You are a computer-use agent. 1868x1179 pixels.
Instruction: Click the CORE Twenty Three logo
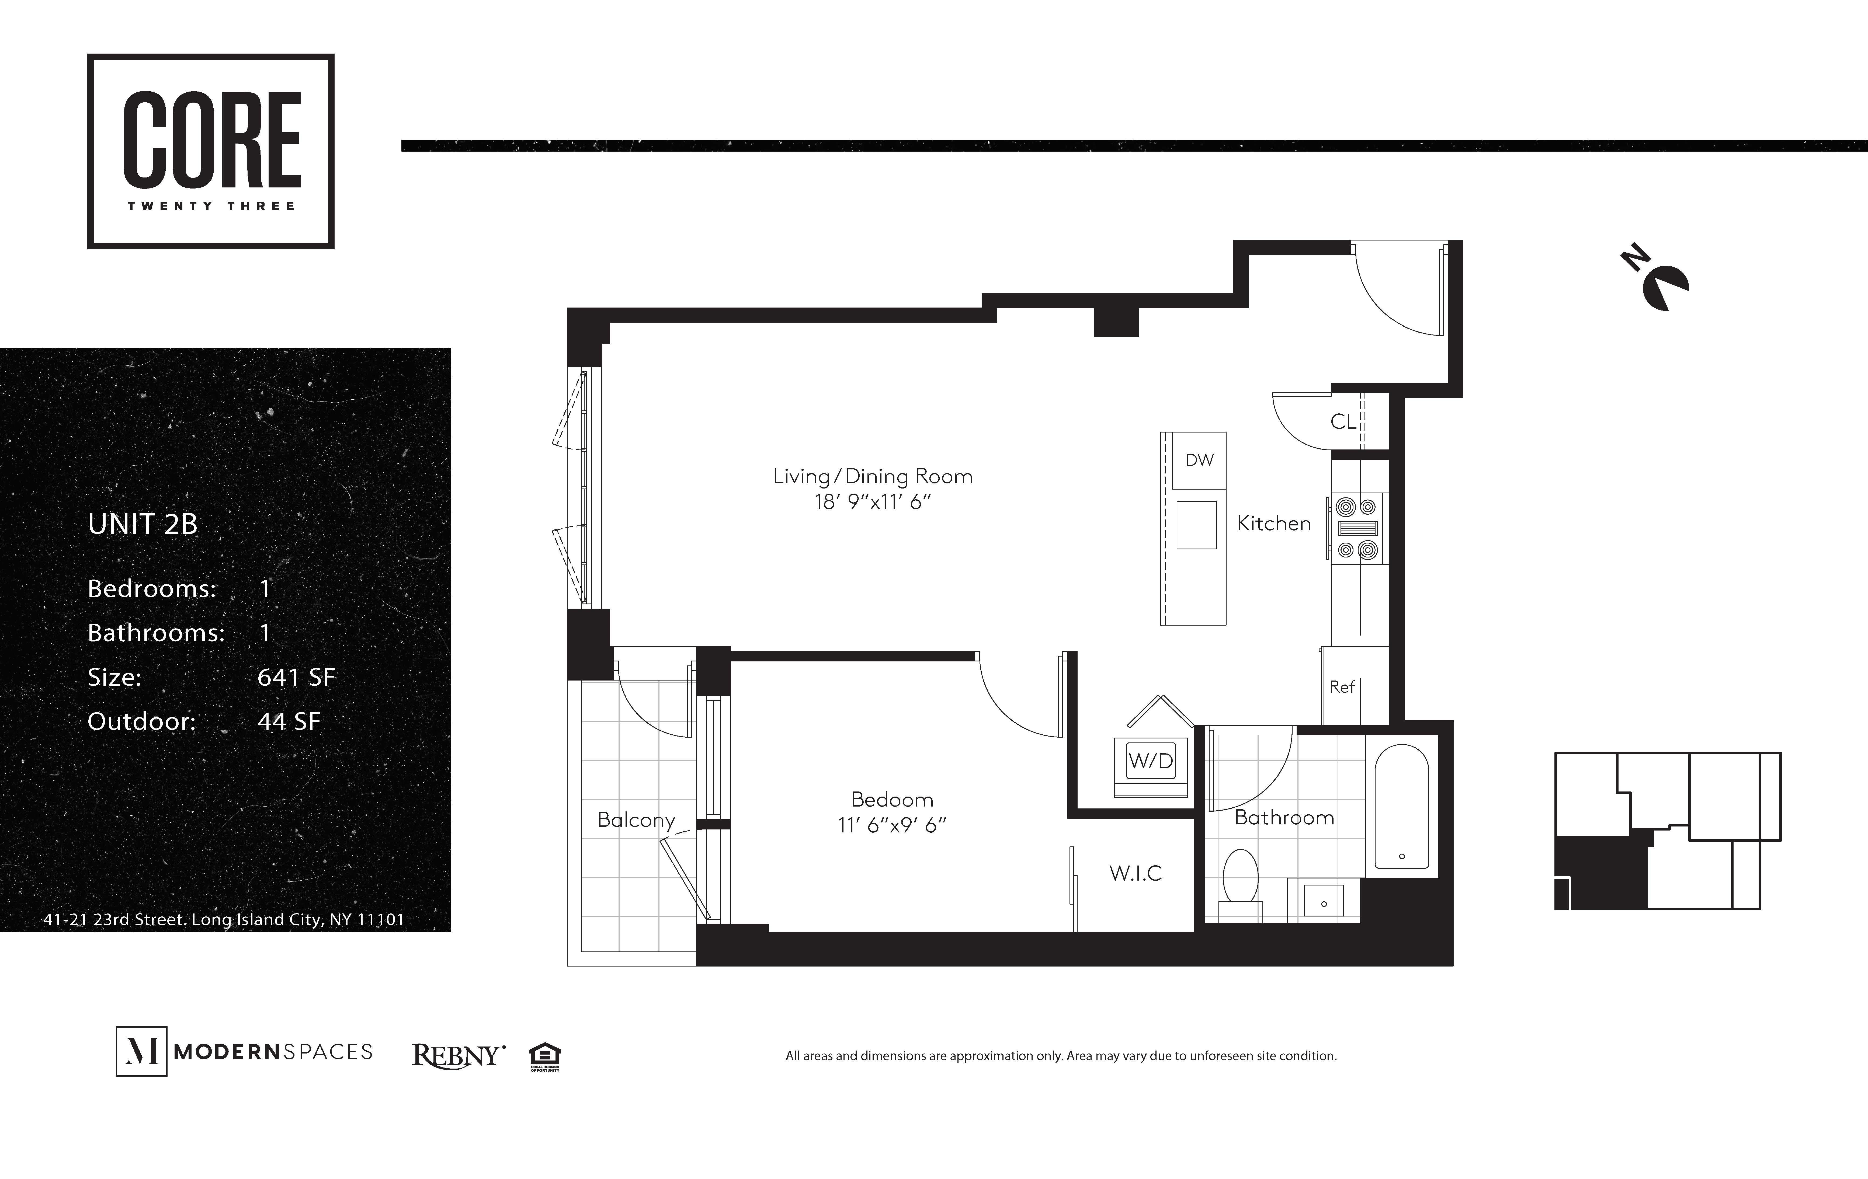[x=211, y=151]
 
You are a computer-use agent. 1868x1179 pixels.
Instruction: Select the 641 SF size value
[x=296, y=677]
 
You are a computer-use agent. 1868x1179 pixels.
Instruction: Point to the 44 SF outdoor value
[x=289, y=721]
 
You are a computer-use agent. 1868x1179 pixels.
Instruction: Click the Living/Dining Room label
[x=873, y=476]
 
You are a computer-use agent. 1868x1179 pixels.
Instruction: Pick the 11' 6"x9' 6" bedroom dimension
[x=892, y=825]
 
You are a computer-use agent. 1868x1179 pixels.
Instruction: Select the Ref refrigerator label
[x=1342, y=686]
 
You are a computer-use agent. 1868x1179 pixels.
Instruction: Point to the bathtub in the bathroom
[x=1402, y=807]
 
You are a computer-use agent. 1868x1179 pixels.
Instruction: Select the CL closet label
[x=1343, y=421]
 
